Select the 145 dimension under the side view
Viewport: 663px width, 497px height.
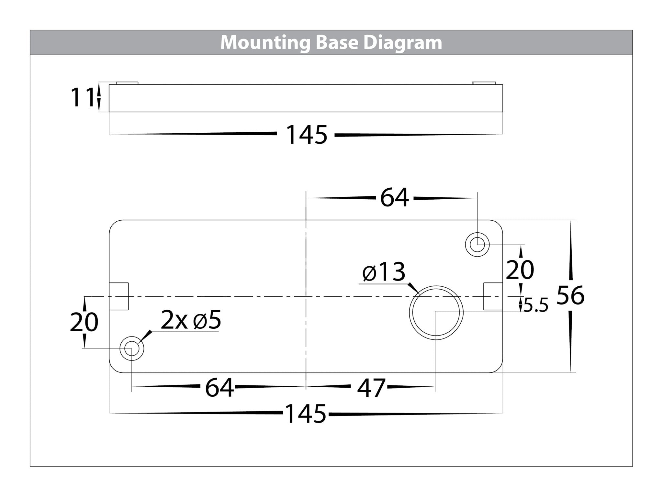pos(307,135)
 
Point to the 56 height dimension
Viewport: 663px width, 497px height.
pos(570,295)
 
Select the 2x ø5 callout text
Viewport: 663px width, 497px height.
pos(191,321)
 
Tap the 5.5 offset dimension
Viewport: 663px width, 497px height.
pos(536,305)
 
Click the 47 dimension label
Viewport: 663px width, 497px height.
pos(371,388)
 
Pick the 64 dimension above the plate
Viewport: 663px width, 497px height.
pos(394,198)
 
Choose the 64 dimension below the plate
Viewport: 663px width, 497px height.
pos(219,388)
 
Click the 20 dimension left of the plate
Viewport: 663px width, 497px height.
pos(84,322)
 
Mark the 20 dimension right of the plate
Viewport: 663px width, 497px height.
pos(520,270)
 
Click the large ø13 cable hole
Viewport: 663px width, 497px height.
pos(436,313)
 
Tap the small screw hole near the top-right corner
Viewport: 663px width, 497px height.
pos(477,245)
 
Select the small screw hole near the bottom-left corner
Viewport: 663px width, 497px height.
pos(131,348)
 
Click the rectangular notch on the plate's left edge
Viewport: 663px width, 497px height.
pos(119,296)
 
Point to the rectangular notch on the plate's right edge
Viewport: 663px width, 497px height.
pos(493,296)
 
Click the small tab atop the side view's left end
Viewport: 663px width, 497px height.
pos(127,83)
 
